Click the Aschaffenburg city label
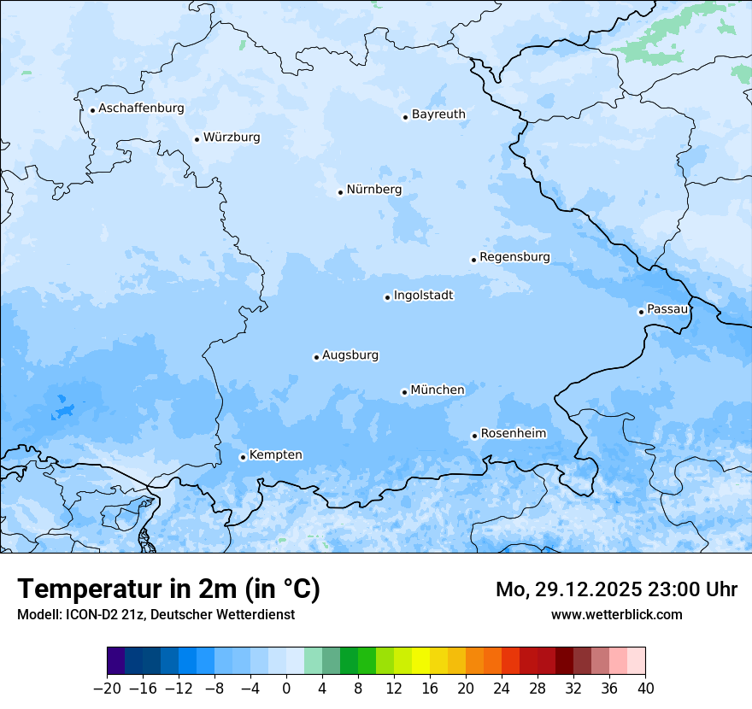pyautogui.click(x=141, y=108)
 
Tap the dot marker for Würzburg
pyautogui.click(x=197, y=139)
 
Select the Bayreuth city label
pyautogui.click(x=438, y=114)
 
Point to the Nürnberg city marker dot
pyautogui.click(x=340, y=192)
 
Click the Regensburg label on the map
pyautogui.click(x=514, y=257)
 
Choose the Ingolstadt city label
pyautogui.click(x=423, y=296)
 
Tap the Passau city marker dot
pyautogui.click(x=641, y=312)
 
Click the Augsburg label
pyautogui.click(x=350, y=355)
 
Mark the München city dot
pyautogui.click(x=404, y=392)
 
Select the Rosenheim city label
pyautogui.click(x=513, y=434)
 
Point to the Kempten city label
pyautogui.click(x=275, y=455)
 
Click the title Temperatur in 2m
pyautogui.click(x=168, y=589)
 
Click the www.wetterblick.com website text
pyautogui.click(x=616, y=614)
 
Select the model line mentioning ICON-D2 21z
pyautogui.click(x=156, y=614)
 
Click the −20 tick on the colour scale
pyautogui.click(x=107, y=688)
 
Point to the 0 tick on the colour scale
pyautogui.click(x=286, y=688)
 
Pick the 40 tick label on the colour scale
pyautogui.click(x=645, y=688)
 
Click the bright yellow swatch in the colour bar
pyautogui.click(x=420, y=661)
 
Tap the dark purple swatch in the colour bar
pyautogui.click(x=116, y=661)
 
